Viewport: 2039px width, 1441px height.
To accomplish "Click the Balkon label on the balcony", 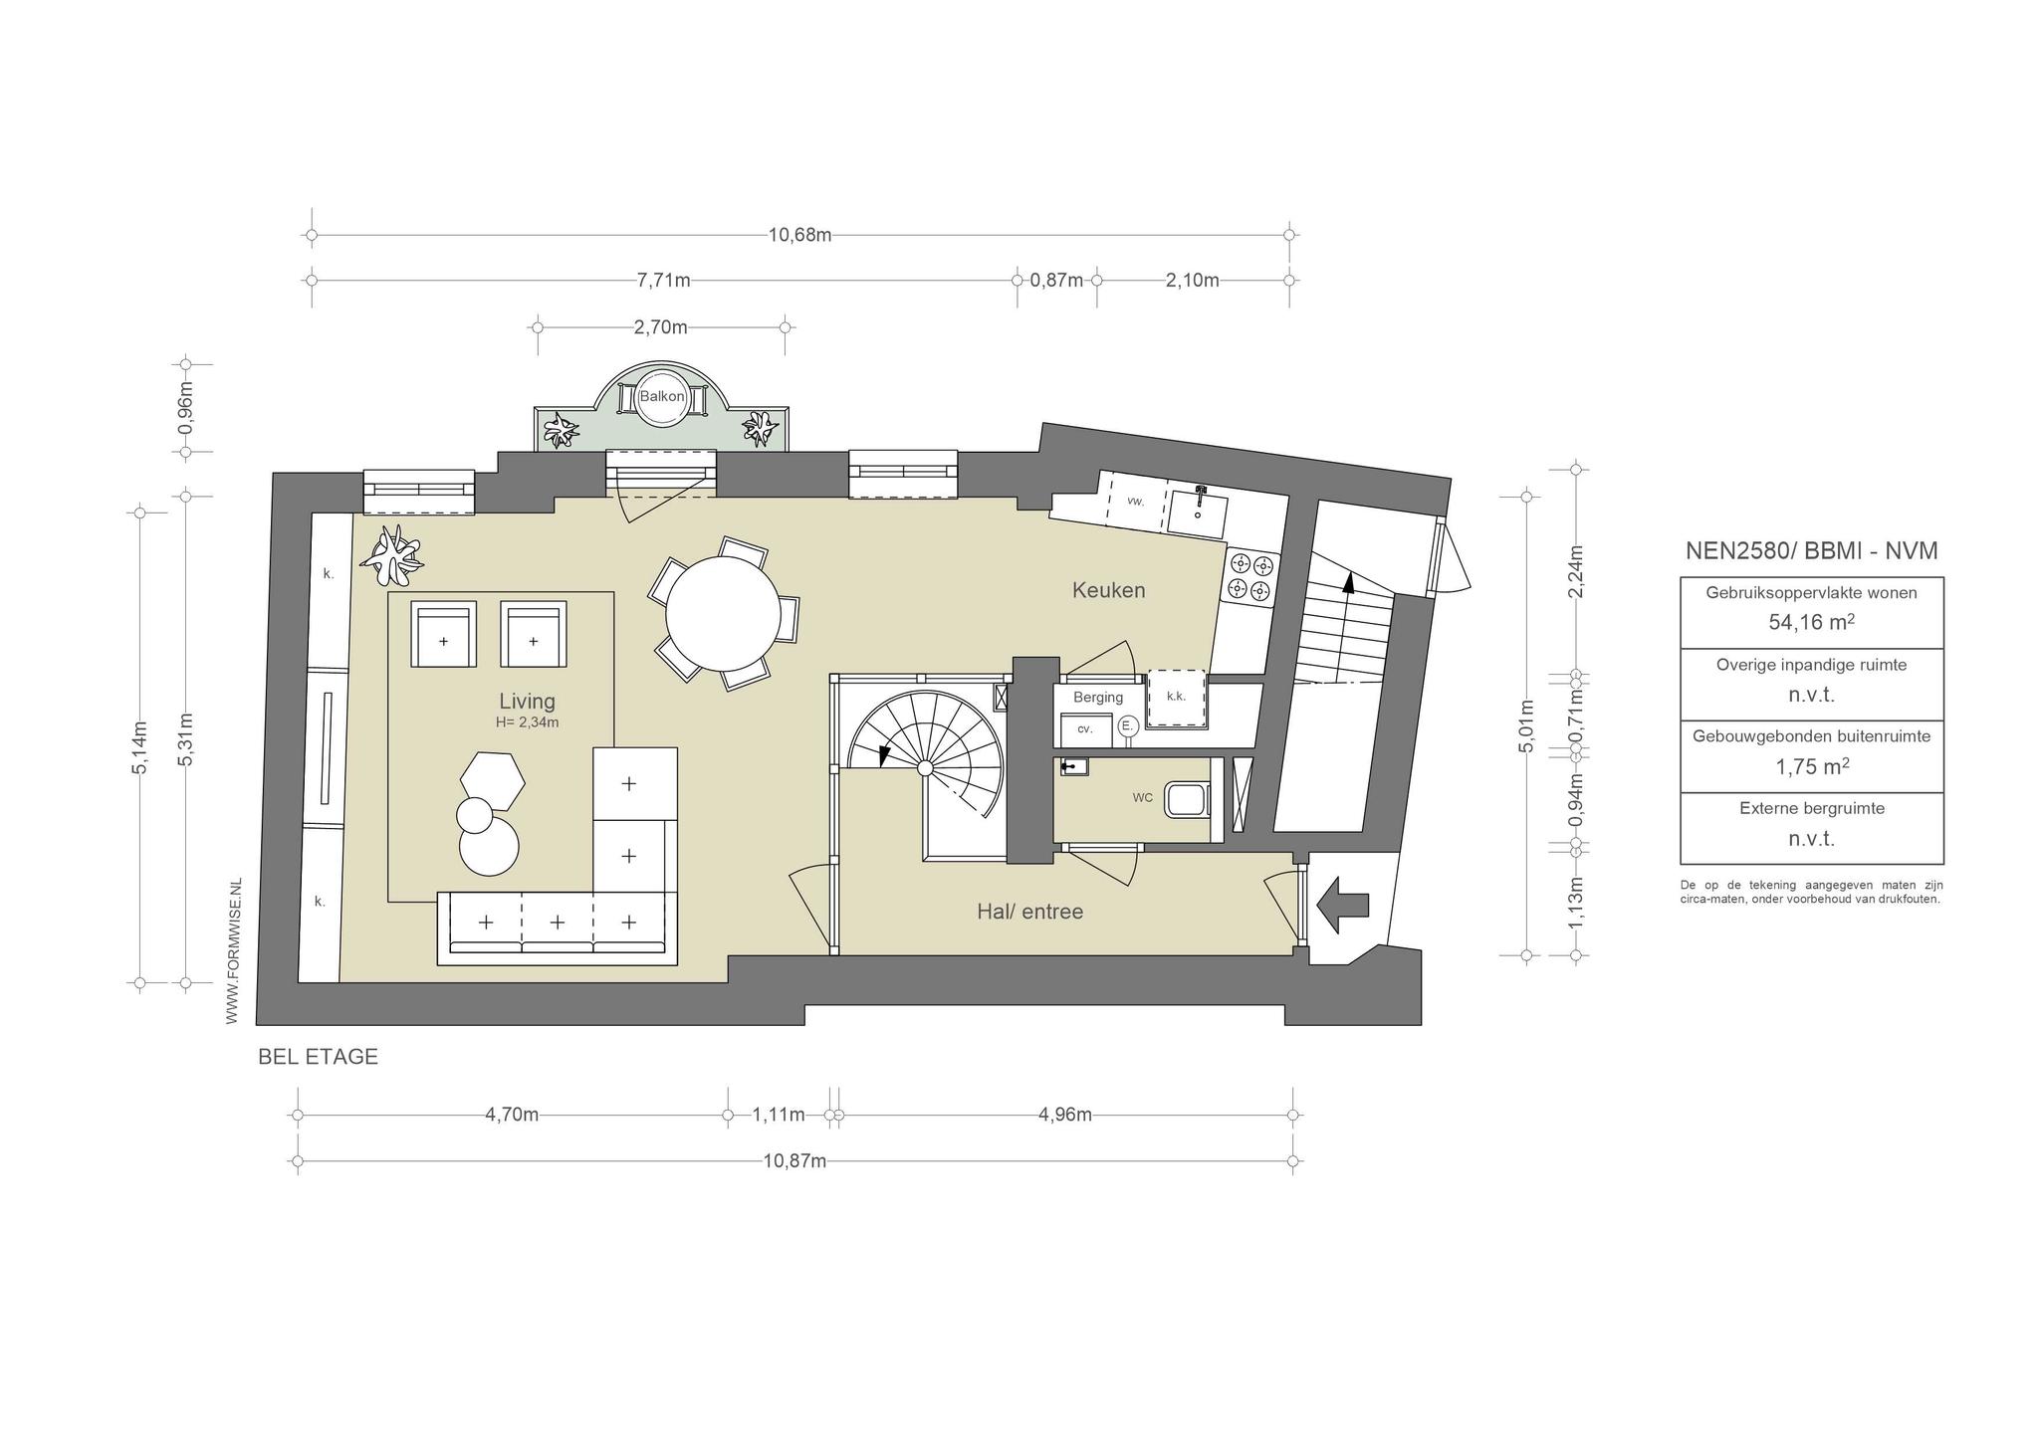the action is click(662, 396).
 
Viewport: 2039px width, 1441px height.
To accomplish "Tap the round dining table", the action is click(723, 614).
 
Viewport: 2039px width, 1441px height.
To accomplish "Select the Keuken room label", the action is click(1108, 590).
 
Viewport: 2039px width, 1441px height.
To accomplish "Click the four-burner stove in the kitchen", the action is click(1251, 577).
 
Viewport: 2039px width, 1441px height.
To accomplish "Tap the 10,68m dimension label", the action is click(799, 235).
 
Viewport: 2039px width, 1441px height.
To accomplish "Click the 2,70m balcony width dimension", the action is click(661, 326).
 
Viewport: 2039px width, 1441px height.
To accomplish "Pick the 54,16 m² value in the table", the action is click(1811, 623).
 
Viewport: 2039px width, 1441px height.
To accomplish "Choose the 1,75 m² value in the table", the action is click(1811, 766).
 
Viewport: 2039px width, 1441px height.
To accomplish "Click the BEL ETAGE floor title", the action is click(318, 1057).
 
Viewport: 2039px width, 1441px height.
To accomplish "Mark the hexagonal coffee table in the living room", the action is click(493, 780).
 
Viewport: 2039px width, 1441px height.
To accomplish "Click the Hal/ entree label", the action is click(1029, 911).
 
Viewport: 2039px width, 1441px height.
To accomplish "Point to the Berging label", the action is click(1098, 698).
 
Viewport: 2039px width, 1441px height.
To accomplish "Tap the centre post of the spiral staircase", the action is click(924, 767).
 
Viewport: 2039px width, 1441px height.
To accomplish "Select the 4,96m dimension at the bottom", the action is click(1064, 1115).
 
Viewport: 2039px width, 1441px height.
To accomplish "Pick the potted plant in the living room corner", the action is click(396, 556).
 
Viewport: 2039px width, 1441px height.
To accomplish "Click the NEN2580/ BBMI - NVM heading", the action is click(1811, 550).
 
